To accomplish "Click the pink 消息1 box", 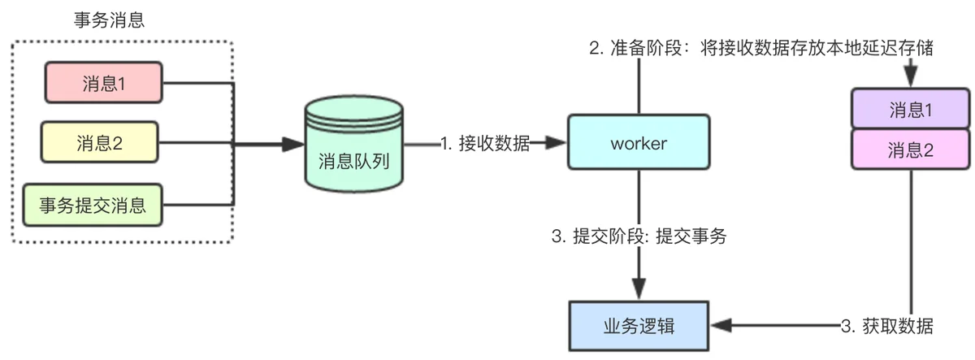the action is point(104,83).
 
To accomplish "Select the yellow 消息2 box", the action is point(100,142).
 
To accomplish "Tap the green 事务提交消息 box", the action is point(93,205).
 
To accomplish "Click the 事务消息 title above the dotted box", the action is point(109,20).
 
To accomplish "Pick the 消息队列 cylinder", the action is point(354,144).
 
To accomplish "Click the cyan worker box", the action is point(639,142).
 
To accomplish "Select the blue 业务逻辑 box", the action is point(639,326).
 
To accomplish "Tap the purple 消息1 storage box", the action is point(911,108).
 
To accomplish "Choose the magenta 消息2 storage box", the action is point(911,150).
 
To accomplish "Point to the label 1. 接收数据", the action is point(485,143).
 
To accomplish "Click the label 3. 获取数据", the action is point(886,326).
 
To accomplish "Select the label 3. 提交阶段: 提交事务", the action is point(639,236).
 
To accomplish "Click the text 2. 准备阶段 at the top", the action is point(635,48).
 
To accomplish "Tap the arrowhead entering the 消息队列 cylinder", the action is point(293,144).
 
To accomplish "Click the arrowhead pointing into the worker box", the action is point(556,142).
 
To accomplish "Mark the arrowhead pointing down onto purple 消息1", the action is point(911,76).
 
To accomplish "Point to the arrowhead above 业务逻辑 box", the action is point(639,289).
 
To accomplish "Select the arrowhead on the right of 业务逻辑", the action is point(721,325).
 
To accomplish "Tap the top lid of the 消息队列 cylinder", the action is point(354,109).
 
